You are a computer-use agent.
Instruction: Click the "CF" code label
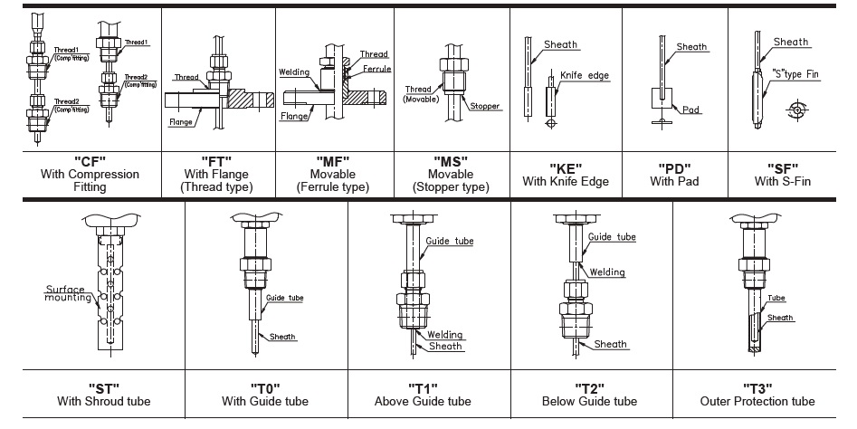[80, 160]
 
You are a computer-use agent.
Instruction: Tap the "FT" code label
[216, 160]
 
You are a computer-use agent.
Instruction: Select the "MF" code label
[332, 160]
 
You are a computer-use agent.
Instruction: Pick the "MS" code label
[451, 160]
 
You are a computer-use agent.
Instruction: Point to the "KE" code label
[565, 167]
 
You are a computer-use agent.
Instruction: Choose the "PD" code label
[674, 167]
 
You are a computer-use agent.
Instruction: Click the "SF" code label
[782, 167]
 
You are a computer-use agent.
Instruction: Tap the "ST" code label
[103, 387]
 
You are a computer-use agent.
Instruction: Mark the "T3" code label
[757, 387]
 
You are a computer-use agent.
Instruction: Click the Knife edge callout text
[585, 76]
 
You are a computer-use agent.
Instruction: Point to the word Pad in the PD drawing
[691, 110]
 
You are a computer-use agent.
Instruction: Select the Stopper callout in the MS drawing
[485, 106]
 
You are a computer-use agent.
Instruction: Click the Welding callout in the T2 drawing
[608, 272]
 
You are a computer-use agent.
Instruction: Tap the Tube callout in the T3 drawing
[776, 298]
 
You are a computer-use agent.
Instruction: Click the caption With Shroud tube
[103, 401]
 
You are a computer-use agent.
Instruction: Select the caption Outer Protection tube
[757, 401]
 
